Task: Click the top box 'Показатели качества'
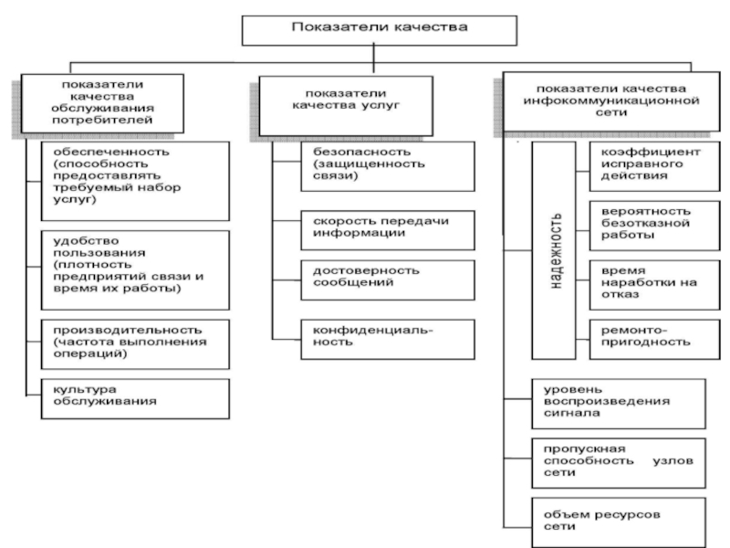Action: tap(379, 30)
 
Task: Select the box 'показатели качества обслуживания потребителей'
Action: tap(102, 103)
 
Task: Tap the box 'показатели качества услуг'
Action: tap(346, 106)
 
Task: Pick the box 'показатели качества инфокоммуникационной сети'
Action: tap(611, 101)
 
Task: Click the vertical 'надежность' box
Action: tap(554, 250)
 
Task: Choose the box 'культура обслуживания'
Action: tap(135, 399)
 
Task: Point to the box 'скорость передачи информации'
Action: tap(388, 230)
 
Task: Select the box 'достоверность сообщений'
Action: tap(388, 280)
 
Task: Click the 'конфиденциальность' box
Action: tap(388, 339)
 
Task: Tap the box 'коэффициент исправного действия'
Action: tap(654, 166)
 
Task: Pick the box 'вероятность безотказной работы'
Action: tap(654, 226)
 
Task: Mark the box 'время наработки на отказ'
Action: tap(654, 285)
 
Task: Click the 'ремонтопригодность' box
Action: tap(654, 339)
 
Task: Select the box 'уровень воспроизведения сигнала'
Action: tap(619, 404)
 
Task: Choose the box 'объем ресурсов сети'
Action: tap(619, 522)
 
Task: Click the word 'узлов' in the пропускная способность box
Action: tap(673, 461)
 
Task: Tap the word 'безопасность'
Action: tap(361, 152)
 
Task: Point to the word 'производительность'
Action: tap(128, 330)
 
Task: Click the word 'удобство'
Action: tap(86, 241)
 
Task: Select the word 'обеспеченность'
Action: tap(111, 152)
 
